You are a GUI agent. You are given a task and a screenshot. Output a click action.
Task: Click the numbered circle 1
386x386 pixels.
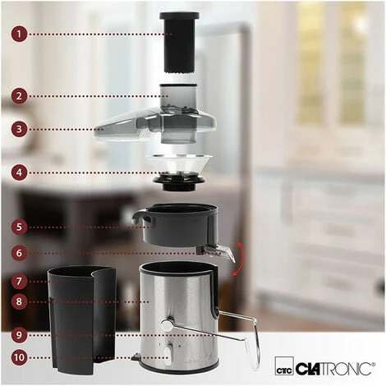tap(19, 34)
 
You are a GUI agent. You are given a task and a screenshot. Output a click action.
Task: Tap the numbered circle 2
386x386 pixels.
tap(19, 96)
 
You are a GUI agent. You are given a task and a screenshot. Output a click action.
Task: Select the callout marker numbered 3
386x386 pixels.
tap(19, 129)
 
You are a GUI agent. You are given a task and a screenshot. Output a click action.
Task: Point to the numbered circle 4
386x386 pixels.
tap(19, 172)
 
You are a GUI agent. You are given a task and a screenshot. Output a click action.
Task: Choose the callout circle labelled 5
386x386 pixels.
tap(19, 227)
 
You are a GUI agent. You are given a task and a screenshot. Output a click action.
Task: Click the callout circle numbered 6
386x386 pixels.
tap(19, 253)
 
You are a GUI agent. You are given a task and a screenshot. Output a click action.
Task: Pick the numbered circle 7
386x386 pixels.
tap(19, 281)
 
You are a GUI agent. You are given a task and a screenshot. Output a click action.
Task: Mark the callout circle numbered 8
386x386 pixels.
tap(19, 301)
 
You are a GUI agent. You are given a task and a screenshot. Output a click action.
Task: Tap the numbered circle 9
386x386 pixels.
tap(19, 335)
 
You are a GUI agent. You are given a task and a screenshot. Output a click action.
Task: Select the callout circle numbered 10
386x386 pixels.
tap(19, 357)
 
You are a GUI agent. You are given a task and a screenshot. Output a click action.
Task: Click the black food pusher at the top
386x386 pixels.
tap(179, 43)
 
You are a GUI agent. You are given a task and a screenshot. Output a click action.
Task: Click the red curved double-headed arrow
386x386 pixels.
tap(241, 259)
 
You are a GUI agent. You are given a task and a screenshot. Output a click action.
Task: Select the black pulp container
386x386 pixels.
tap(82, 320)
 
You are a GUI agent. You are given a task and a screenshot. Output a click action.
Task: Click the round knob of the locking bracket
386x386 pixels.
tap(168, 324)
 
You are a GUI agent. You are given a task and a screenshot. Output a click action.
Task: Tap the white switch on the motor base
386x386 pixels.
tap(168, 355)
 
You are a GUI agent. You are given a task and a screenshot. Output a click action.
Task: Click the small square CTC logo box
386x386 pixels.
tap(284, 365)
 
